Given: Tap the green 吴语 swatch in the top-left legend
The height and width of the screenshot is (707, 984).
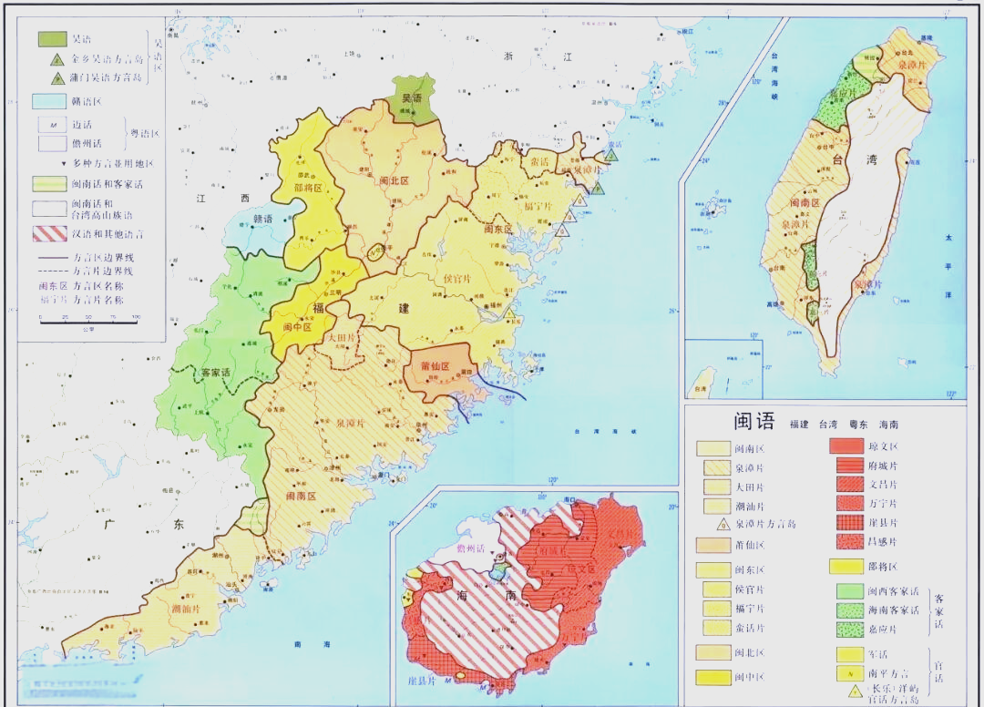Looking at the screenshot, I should (52, 38).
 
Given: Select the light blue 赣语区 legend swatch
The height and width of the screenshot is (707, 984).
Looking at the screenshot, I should (52, 101).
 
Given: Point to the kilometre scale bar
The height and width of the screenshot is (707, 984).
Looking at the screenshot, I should (87, 317).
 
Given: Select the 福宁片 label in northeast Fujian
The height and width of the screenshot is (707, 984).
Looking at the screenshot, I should (538, 206).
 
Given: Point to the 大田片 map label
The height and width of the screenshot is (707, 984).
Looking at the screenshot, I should (342, 338).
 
